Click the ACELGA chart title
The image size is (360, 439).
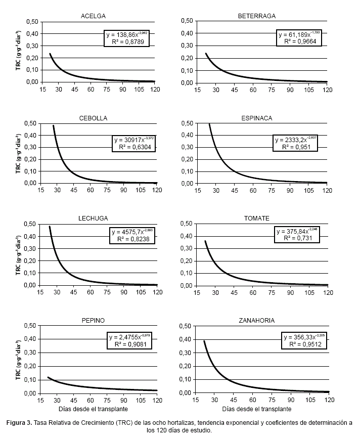click(93, 16)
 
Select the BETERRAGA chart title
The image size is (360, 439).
click(256, 16)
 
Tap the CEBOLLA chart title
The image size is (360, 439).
click(93, 118)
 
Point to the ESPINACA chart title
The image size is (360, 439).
click(256, 118)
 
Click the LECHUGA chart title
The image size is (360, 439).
click(93, 218)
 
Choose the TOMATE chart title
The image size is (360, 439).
click(256, 218)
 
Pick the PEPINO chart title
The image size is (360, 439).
click(93, 321)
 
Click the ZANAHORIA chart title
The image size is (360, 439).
click(256, 321)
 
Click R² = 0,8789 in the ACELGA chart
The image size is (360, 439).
click(127, 43)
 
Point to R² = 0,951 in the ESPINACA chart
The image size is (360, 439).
click(296, 147)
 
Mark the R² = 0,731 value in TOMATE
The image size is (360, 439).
click(298, 239)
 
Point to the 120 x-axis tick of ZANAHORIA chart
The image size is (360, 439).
click(329, 400)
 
